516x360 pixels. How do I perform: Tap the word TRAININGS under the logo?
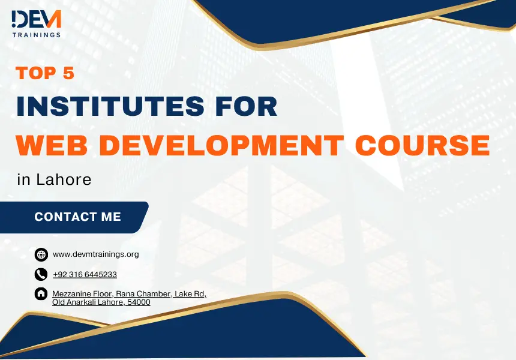(x=37, y=35)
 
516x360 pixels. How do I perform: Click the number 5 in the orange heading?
(x=68, y=73)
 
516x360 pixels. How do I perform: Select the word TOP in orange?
(x=35, y=73)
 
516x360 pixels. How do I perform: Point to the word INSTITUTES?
(x=110, y=106)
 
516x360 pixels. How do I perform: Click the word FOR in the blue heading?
(x=246, y=106)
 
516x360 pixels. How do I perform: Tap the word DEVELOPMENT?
(x=223, y=145)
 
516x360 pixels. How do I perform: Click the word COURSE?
(x=422, y=145)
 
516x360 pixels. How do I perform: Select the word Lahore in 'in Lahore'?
(x=64, y=179)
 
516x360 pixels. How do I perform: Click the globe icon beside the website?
(x=41, y=254)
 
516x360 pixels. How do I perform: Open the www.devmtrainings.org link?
(x=96, y=254)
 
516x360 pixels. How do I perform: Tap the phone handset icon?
(x=41, y=274)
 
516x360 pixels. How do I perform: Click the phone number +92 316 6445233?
(x=85, y=274)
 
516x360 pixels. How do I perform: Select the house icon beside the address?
(x=41, y=293)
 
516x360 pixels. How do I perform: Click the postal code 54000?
(x=139, y=302)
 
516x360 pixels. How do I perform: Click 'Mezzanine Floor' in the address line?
(x=83, y=293)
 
